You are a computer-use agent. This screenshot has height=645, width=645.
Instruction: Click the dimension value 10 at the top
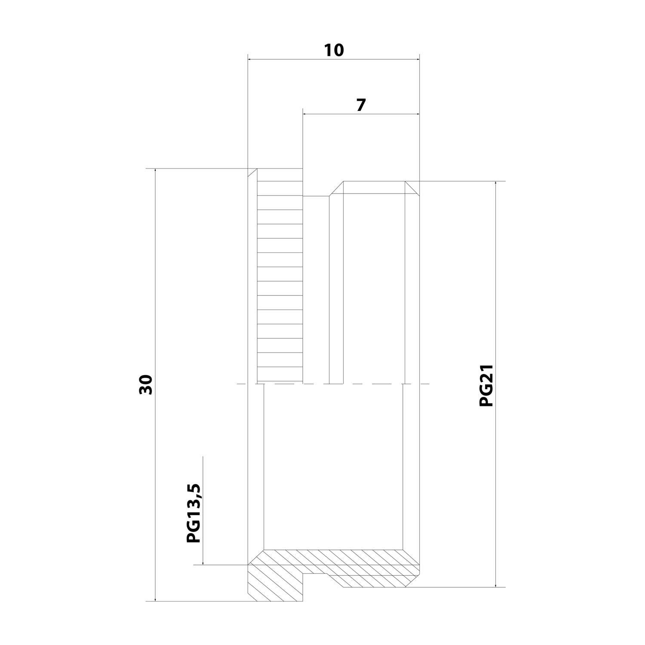(x=334, y=50)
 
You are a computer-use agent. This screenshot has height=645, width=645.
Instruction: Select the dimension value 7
(x=360, y=105)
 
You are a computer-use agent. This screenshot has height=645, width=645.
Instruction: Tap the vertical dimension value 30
(x=146, y=385)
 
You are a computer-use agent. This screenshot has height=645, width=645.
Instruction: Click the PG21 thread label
(x=486, y=385)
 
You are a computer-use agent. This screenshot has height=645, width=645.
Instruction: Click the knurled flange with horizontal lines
(x=280, y=275)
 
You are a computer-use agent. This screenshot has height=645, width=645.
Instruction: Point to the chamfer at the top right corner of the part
(x=412, y=187)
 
